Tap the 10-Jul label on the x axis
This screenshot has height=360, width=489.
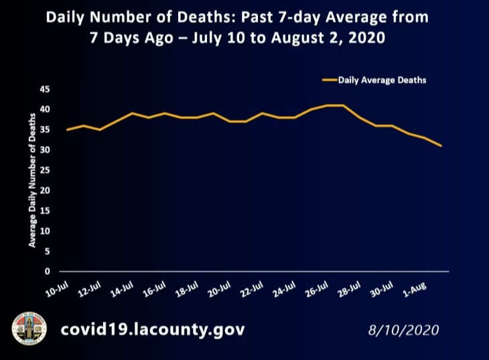coord(58,290)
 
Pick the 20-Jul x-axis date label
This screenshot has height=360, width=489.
coord(219,290)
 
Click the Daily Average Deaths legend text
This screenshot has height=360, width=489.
coord(382,80)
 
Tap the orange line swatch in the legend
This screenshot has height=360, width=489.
coord(328,80)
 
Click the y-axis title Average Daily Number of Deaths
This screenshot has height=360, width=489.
coord(32,180)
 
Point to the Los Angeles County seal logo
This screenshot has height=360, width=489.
coord(29,330)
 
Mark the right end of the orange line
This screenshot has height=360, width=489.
coord(441,145)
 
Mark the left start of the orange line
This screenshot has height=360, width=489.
coord(66,129)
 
